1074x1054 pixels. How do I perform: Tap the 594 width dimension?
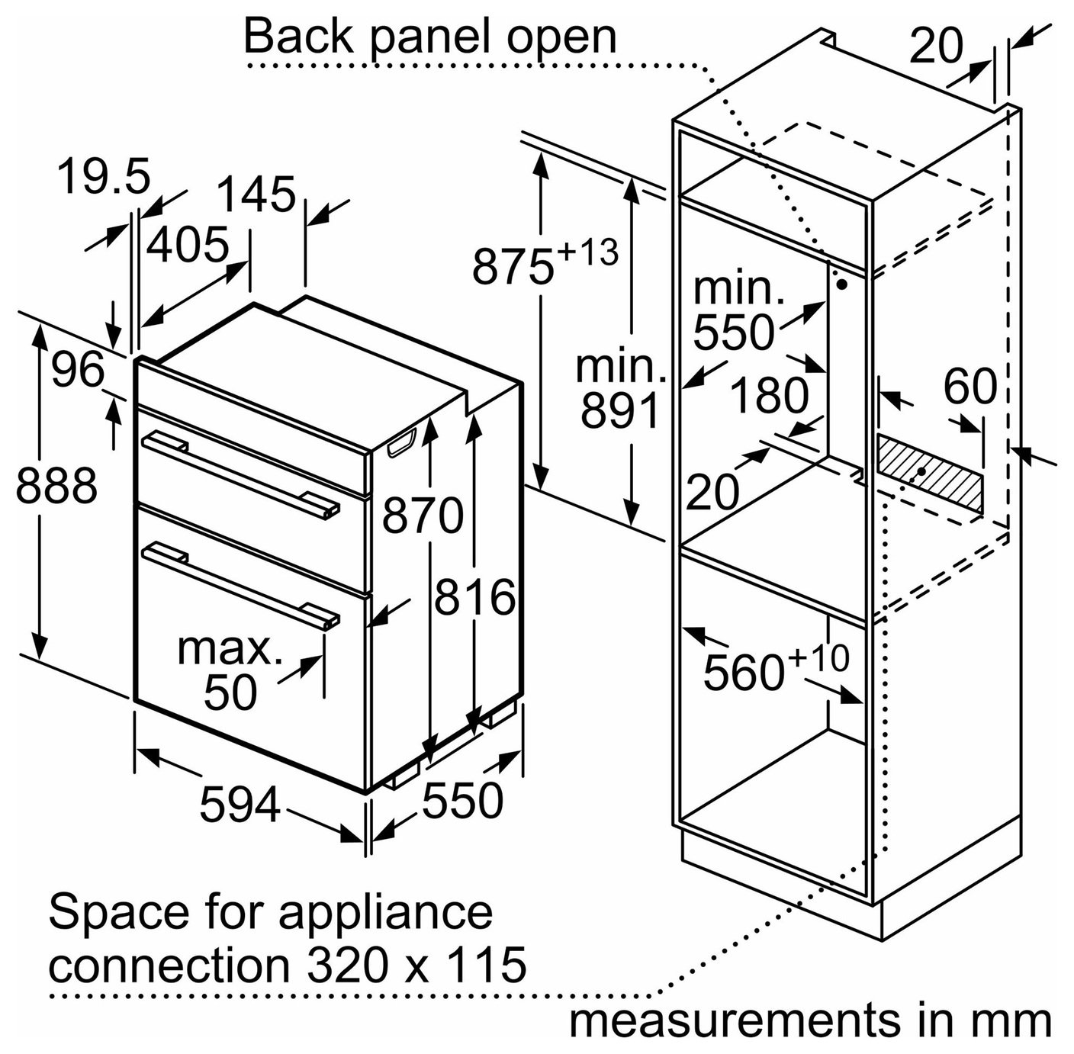[240, 805]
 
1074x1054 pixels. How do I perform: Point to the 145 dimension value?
[256, 194]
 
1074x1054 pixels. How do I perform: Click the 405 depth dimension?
[188, 244]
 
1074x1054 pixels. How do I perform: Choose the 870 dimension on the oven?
[423, 516]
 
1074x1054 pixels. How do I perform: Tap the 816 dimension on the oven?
[474, 598]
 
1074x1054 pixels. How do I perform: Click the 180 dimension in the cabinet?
[769, 395]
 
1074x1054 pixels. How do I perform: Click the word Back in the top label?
[298, 37]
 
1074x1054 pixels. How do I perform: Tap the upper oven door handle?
[240, 475]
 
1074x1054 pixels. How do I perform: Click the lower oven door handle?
[240, 586]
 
